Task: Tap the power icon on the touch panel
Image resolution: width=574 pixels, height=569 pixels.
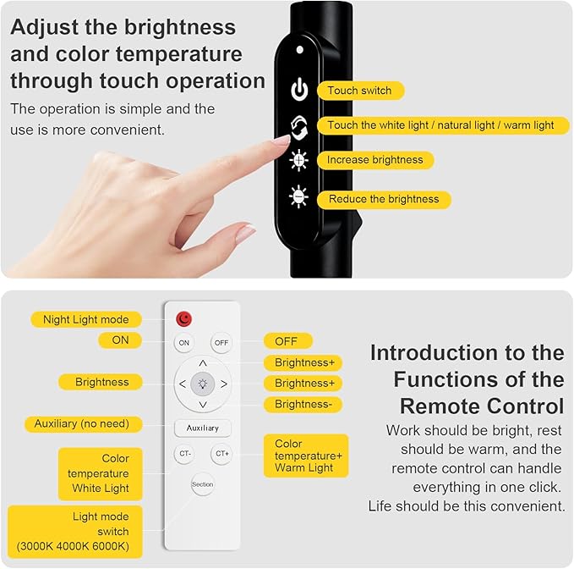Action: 299,90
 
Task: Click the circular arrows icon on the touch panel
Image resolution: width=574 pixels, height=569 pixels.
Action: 299,124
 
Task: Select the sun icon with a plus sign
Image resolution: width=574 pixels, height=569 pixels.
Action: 299,160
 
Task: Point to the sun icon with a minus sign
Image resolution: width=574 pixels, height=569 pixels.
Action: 299,196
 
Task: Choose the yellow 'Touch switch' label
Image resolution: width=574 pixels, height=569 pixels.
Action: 360,91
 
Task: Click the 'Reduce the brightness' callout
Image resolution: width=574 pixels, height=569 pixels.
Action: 383,200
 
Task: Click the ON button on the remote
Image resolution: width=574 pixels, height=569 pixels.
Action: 183,343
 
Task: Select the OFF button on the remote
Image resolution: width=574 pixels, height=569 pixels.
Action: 221,343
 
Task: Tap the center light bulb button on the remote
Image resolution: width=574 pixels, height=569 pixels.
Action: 203,384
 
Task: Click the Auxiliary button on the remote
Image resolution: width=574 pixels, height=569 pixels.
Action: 203,428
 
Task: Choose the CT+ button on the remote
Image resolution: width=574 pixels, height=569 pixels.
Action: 221,454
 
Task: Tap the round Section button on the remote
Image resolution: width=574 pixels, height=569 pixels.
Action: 203,484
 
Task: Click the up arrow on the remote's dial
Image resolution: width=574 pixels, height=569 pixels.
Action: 203,363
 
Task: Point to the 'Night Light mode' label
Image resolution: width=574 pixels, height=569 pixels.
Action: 86,319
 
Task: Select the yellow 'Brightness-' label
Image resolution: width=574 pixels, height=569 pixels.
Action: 303,405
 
